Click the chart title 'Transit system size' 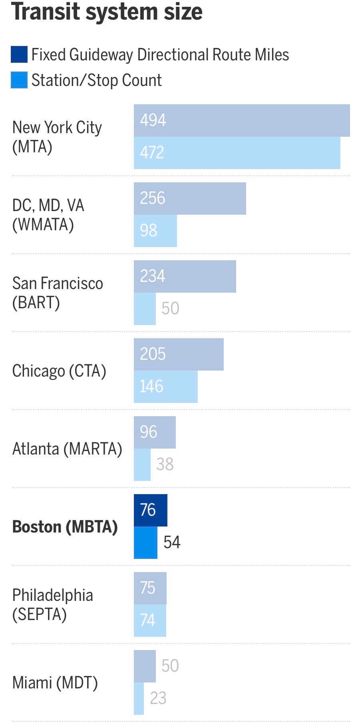coord(107,12)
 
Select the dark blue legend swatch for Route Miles coord(19,55)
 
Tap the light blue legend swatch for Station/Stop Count coord(19,80)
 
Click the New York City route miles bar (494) coord(242,120)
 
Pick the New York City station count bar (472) coord(237,153)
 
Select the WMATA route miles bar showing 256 coord(190,198)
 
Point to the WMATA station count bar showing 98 coord(155,231)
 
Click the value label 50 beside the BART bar coord(170,308)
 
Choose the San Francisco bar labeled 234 coord(185,276)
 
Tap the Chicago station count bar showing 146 coord(166,387)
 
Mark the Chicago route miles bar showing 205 coord(179,354)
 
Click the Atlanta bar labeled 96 coord(155,432)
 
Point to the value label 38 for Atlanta coord(165,464)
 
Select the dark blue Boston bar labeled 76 coord(151,510)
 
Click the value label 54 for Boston coord(172,542)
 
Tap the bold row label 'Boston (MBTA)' coord(65,527)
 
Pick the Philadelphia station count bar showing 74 coord(150,620)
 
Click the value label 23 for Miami coord(158,698)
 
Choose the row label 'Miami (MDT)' coord(55,682)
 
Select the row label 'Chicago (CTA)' coord(59,371)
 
